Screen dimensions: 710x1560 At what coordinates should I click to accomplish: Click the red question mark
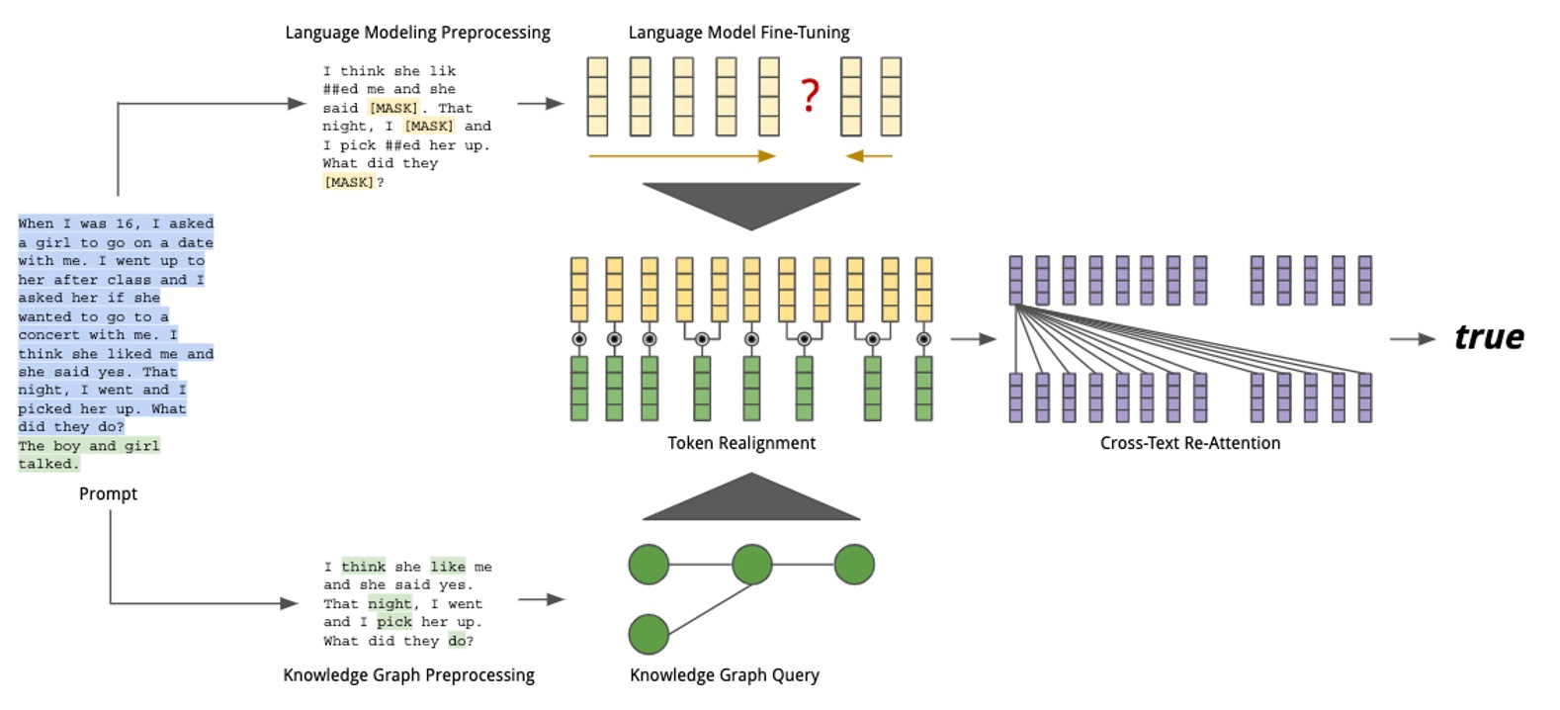810,95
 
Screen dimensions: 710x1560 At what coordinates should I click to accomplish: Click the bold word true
1489,337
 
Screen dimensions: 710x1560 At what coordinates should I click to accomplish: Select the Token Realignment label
741,443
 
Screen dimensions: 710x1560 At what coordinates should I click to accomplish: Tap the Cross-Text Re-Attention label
1189,443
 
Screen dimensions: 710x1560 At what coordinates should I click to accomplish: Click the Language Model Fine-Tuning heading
738,33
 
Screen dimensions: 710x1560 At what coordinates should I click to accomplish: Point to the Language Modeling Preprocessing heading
417,33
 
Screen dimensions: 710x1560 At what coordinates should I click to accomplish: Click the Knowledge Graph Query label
724,675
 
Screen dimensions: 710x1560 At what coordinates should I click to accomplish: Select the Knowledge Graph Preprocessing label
408,675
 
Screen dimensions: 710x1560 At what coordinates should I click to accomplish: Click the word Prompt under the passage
108,493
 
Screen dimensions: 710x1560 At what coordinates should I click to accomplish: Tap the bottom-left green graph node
649,634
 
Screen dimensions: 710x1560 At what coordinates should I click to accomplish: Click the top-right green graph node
854,565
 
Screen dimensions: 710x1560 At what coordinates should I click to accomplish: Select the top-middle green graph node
751,565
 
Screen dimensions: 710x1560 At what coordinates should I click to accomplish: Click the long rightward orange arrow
682,156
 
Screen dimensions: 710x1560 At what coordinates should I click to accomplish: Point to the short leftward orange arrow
869,156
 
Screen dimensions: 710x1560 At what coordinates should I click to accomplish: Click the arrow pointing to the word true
1413,339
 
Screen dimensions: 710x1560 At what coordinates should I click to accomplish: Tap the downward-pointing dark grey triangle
751,202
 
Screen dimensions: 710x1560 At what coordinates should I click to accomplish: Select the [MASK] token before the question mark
349,182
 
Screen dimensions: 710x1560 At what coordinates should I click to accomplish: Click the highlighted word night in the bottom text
390,604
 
